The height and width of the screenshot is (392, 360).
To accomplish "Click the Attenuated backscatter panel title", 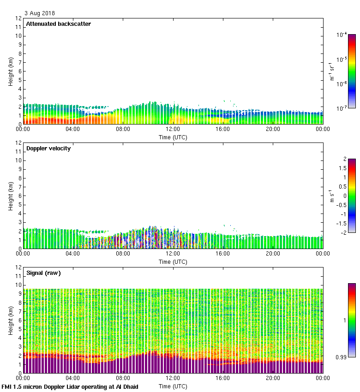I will pyautogui.click(x=58, y=24).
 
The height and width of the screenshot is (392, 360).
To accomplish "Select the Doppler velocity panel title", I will pyautogui.click(x=48, y=148).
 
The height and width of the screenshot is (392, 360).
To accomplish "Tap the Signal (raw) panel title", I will pyautogui.click(x=43, y=273).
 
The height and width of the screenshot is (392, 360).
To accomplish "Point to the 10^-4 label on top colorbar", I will pyautogui.click(x=342, y=35).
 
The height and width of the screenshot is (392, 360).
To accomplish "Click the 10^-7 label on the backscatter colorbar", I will pyautogui.click(x=342, y=108).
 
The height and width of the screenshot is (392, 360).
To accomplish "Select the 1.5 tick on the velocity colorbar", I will pyautogui.click(x=342, y=168).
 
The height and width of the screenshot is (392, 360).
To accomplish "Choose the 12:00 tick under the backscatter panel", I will pyautogui.click(x=173, y=130).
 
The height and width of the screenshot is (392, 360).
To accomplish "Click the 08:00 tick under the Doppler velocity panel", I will pyautogui.click(x=123, y=254).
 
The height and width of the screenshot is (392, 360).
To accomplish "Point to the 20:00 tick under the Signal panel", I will pyautogui.click(x=273, y=379).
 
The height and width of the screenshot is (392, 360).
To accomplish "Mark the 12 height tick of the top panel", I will pyautogui.click(x=19, y=18).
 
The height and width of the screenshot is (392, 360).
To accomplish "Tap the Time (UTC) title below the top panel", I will pyautogui.click(x=173, y=137).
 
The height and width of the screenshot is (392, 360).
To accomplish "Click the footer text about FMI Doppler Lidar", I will pyautogui.click(x=70, y=386).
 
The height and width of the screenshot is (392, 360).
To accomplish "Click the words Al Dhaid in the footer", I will pyautogui.click(x=127, y=386).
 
